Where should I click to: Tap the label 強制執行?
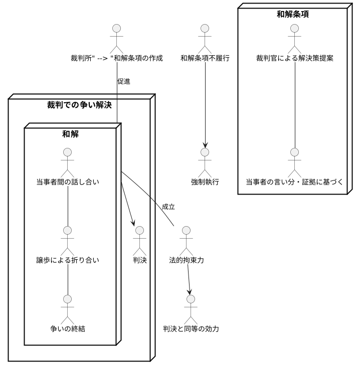coord(204,181)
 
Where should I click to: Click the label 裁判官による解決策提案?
coord(294,58)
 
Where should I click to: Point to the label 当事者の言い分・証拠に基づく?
coord(294,181)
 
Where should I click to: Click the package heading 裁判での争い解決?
coord(80,105)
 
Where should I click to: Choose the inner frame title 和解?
coord(70,134)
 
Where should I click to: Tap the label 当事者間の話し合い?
coord(68,181)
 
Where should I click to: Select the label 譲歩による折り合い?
coord(68,260)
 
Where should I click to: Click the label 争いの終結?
coord(68,329)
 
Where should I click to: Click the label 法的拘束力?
coord(186,260)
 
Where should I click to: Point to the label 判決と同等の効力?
coord(191,329)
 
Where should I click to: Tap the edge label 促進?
coord(123,81)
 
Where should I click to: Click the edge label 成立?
coord(168,207)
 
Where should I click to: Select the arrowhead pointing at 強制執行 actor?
coord(204,145)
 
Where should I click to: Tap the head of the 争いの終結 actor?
coord(68,299)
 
